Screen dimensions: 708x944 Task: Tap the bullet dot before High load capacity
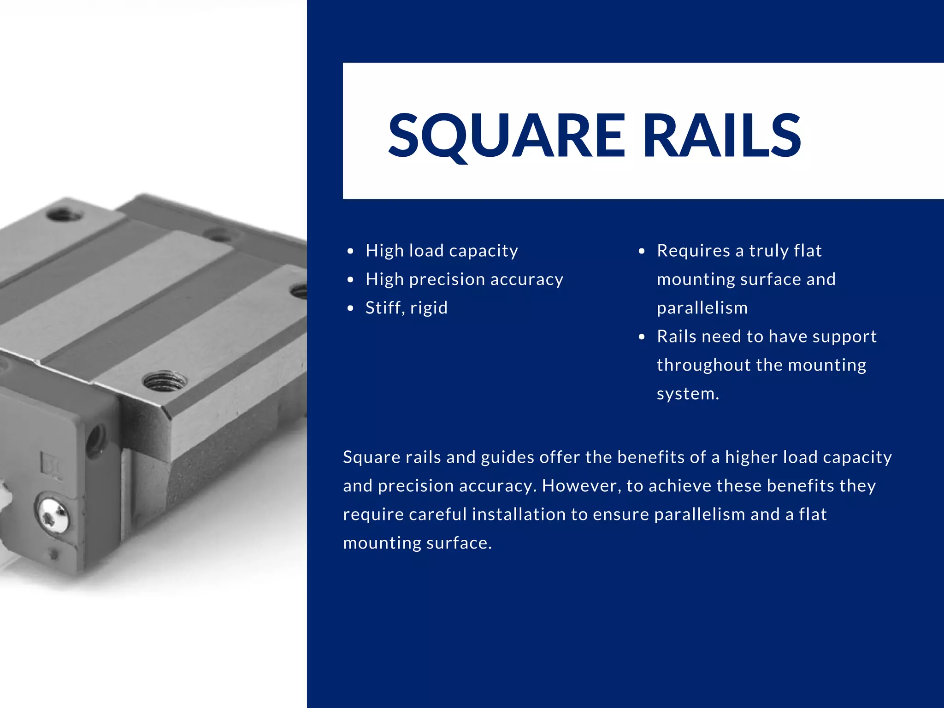351,251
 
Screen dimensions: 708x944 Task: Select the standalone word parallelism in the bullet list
702,308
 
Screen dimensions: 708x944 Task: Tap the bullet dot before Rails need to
642,337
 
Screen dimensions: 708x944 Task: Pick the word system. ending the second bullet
687,394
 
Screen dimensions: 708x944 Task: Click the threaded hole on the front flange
165,381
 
